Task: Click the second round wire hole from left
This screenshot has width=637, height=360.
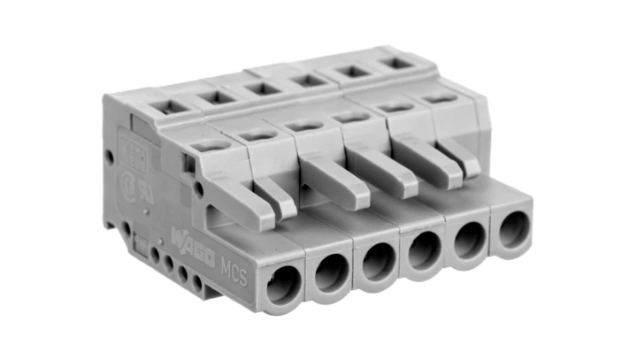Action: (x=332, y=272)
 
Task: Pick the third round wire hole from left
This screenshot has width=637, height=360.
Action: (x=380, y=261)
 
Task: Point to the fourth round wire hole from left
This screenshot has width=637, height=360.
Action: (x=426, y=250)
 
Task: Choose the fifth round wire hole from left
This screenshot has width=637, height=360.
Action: (x=471, y=240)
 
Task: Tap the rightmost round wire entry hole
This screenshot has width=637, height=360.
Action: (x=512, y=230)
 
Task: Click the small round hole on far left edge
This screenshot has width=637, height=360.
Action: (x=110, y=157)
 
